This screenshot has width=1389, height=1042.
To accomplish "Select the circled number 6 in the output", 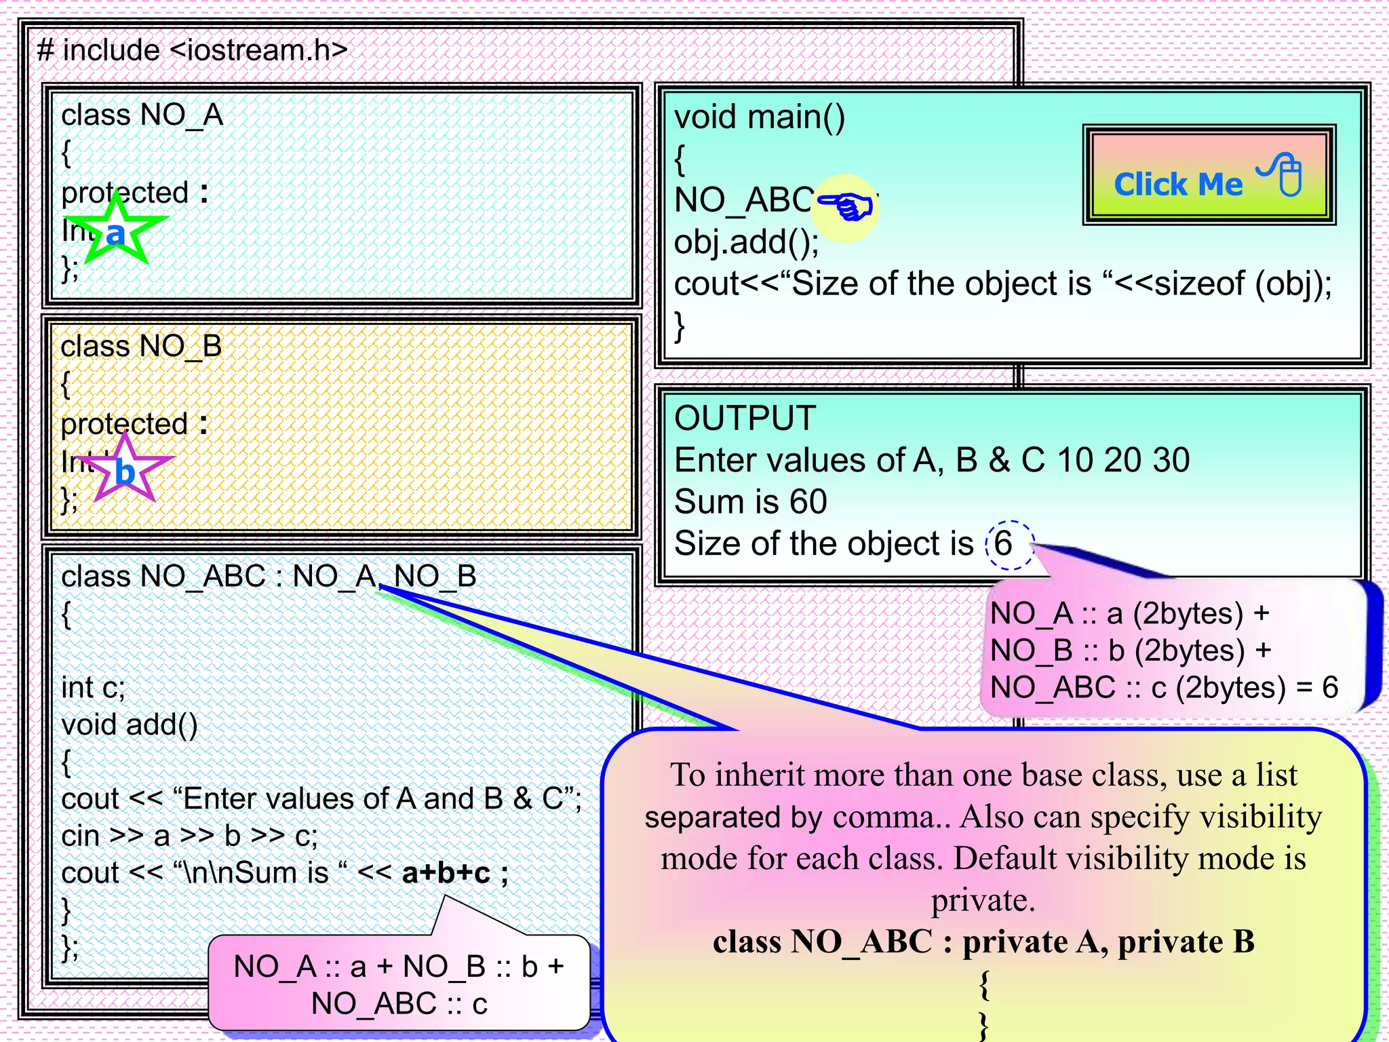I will [1004, 544].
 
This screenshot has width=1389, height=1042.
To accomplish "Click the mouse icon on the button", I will [1288, 176].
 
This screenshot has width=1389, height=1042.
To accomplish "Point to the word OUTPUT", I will [745, 418].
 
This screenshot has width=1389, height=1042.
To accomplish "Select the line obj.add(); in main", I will [746, 242].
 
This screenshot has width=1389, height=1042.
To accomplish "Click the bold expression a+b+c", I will [446, 873].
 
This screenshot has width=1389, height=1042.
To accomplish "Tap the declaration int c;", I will [93, 687].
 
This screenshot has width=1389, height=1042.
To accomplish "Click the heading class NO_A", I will [142, 115].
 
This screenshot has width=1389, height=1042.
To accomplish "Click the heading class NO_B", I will [141, 346].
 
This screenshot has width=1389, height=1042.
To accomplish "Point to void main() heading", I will [760, 117].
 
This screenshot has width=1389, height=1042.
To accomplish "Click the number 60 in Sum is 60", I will [808, 502].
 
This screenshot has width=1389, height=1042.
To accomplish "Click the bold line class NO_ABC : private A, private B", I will [983, 942].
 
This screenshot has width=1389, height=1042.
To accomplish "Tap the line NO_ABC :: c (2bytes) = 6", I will [1163, 688].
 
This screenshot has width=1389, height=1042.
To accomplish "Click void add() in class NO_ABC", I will [129, 725].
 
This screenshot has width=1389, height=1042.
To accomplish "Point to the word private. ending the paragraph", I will [983, 900].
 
